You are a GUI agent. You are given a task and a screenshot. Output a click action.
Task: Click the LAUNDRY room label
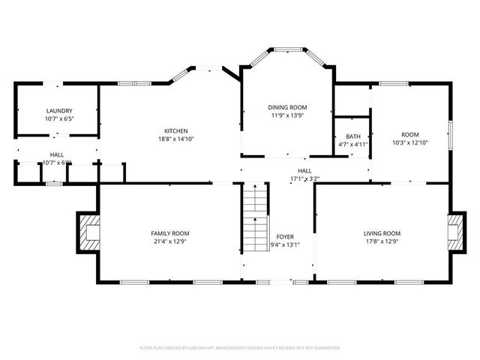58,110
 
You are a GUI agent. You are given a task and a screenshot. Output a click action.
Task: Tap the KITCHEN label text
176,130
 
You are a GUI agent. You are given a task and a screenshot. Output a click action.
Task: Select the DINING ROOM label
289,107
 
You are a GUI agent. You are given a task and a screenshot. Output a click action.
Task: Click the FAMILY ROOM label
170,233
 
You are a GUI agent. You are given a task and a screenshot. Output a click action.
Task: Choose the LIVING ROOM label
382,233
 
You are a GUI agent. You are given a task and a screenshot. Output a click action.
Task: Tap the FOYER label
285,236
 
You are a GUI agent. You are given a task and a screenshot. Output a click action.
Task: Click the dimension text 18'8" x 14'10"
176,139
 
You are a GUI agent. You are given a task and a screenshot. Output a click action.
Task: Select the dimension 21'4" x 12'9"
170,241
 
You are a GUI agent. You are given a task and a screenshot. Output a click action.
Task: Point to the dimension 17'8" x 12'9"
382,241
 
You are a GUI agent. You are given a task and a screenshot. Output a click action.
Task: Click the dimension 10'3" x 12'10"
409,142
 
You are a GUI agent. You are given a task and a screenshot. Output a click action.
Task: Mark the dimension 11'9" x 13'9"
289,115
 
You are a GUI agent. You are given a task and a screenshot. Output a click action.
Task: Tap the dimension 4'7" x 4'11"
352,144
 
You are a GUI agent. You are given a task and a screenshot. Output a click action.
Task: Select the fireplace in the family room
89,232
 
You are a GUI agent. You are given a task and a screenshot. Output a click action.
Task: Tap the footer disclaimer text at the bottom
240,348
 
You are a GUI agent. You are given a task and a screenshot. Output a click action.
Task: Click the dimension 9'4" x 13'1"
285,244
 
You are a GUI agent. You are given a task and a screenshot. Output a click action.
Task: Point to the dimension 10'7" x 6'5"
58,118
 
